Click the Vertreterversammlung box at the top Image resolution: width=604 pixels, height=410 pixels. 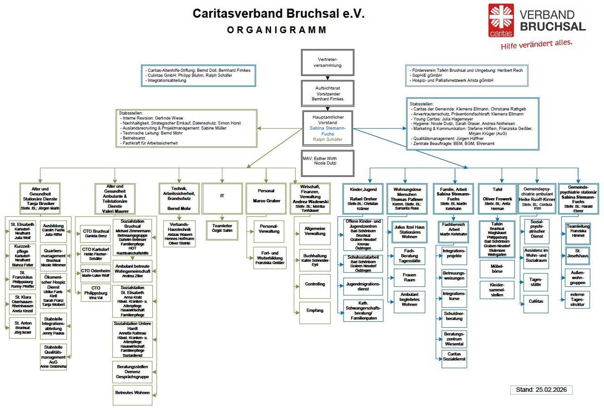click(327, 62)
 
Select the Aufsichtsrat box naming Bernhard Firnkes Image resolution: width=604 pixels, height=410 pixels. click(327, 93)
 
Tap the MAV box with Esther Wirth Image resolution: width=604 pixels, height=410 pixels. click(327, 163)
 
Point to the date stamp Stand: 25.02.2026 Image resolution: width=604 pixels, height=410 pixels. click(541, 390)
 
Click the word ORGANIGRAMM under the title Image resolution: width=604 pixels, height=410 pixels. click(277, 30)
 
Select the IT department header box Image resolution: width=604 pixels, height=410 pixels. click(222, 198)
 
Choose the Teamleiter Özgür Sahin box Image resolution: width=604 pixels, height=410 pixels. click(222, 230)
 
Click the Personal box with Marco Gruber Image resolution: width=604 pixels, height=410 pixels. click(266, 198)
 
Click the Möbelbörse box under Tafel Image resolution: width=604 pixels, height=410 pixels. click(497, 269)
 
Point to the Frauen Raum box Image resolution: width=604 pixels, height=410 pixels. click(409, 278)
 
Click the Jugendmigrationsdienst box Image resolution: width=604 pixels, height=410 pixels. click(363, 286)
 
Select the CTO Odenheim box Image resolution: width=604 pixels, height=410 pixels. click(96, 273)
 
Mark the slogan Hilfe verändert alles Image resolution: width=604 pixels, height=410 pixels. click(536, 44)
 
